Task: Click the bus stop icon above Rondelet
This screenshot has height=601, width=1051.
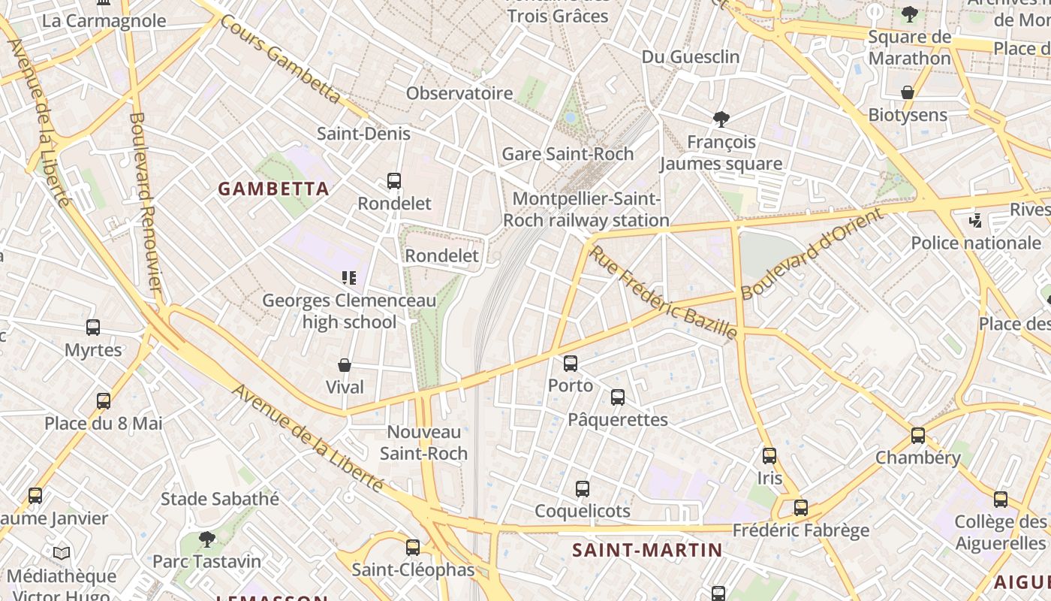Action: click(394, 181)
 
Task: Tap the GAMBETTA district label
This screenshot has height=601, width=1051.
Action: click(274, 189)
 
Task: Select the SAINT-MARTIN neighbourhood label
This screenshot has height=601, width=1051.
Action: click(647, 550)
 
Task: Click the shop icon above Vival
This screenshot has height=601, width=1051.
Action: click(345, 365)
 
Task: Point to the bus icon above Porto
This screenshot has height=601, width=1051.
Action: click(571, 364)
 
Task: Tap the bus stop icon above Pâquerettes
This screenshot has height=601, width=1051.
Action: click(618, 397)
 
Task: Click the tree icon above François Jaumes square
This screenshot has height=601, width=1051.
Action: click(721, 119)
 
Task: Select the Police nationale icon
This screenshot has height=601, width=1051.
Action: click(976, 221)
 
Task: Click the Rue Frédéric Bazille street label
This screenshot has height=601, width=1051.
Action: click(663, 292)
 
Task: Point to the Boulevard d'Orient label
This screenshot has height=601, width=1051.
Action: click(812, 254)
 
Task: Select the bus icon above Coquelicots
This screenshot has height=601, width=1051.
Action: click(583, 489)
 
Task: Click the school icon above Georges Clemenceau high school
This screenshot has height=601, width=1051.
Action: click(349, 279)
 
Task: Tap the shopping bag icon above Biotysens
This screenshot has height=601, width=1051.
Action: click(908, 93)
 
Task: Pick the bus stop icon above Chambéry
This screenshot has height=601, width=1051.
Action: click(917, 436)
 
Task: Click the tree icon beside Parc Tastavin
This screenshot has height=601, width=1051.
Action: click(206, 539)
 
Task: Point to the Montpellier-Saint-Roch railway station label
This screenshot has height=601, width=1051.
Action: click(586, 210)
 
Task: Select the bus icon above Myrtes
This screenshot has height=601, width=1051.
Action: click(93, 328)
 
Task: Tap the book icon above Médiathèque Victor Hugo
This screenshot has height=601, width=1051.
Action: click(62, 554)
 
